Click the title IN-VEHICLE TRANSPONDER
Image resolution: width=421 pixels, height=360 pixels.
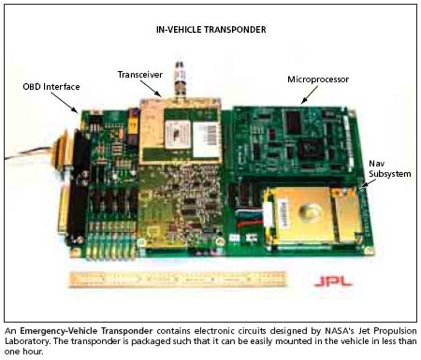(x=210, y=29)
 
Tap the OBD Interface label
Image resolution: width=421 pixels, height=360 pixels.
(x=51, y=87)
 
